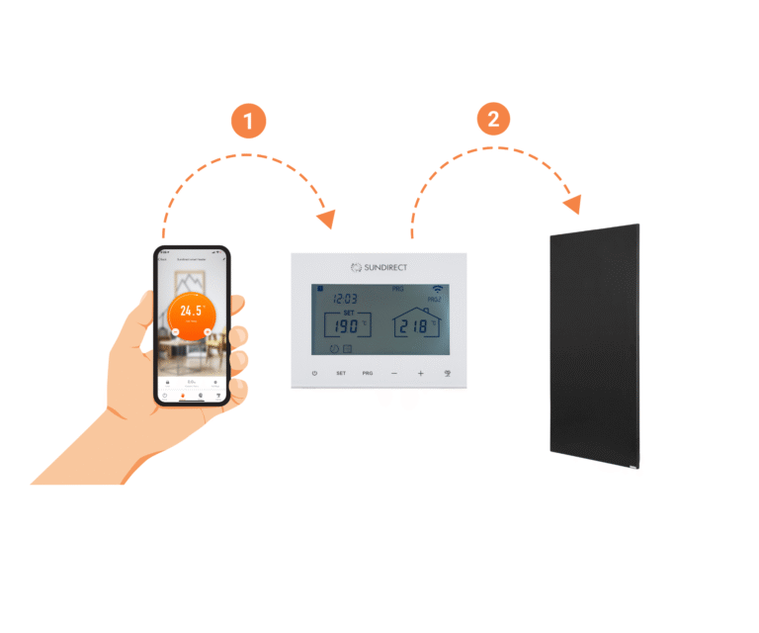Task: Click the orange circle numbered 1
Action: [x=248, y=122]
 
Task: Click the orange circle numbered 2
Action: [x=494, y=120]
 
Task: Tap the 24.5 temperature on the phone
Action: [x=191, y=309]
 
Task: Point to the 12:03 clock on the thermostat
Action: [x=344, y=297]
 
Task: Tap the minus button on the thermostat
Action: [x=393, y=374]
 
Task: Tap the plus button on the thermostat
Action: [x=420, y=374]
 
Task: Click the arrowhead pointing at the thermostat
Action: [x=326, y=219]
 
